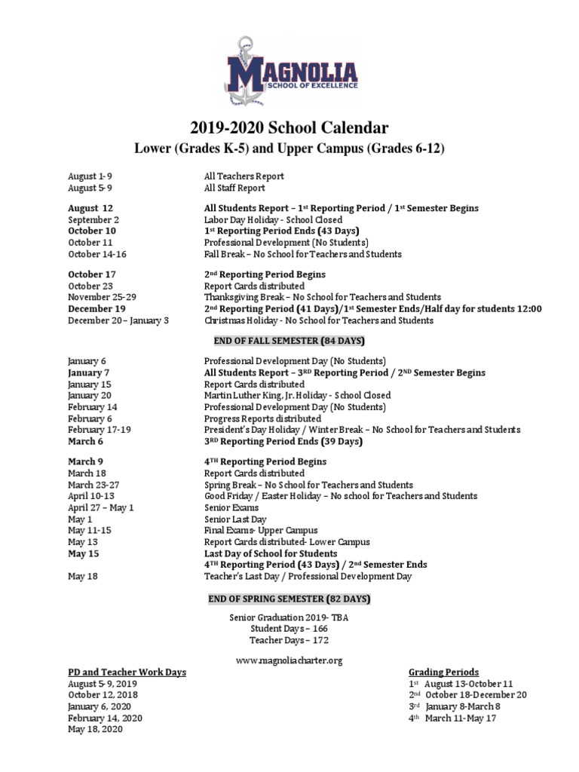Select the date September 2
93,219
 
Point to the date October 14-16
97,254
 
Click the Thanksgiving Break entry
323,297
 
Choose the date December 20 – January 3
118,320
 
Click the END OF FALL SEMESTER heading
289,341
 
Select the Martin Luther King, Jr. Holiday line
298,395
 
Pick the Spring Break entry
308,484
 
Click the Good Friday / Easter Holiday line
341,496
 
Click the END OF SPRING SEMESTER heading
289,599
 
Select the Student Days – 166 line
289,627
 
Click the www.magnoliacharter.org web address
289,660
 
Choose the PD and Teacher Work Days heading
127,672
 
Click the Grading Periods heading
443,672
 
